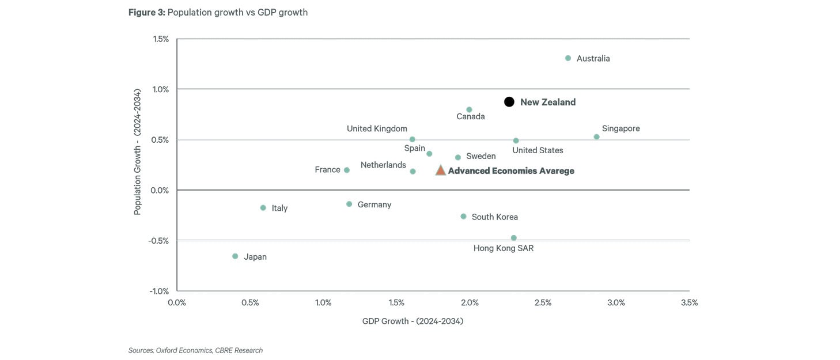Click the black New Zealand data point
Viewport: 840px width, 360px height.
pyautogui.click(x=509, y=102)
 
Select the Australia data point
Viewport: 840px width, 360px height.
pyautogui.click(x=568, y=58)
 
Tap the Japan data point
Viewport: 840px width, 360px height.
pyautogui.click(x=235, y=256)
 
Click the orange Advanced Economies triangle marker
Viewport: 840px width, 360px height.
pyautogui.click(x=440, y=170)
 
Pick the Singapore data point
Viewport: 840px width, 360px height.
pyautogui.click(x=596, y=137)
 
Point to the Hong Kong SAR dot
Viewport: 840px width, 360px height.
pyautogui.click(x=513, y=238)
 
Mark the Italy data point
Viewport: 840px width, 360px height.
pyautogui.click(x=263, y=208)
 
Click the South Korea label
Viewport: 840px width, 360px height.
pyautogui.click(x=494, y=217)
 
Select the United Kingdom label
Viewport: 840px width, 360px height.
pyautogui.click(x=377, y=129)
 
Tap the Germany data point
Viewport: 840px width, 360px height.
pyautogui.click(x=349, y=204)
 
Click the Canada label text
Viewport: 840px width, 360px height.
pyautogui.click(x=470, y=117)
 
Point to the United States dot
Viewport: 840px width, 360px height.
pyautogui.click(x=516, y=141)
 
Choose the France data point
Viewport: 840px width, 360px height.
pyautogui.click(x=347, y=170)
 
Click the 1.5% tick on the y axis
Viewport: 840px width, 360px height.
pyautogui.click(x=161, y=39)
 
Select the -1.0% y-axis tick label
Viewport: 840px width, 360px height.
pyautogui.click(x=159, y=291)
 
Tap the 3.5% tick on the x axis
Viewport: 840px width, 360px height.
pyautogui.click(x=689, y=303)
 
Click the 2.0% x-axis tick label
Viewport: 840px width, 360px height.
pyautogui.click(x=470, y=303)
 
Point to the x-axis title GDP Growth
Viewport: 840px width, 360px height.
pyautogui.click(x=413, y=321)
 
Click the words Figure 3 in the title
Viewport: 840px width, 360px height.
pyautogui.click(x=146, y=13)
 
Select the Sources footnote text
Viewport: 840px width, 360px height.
pyautogui.click(x=195, y=350)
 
